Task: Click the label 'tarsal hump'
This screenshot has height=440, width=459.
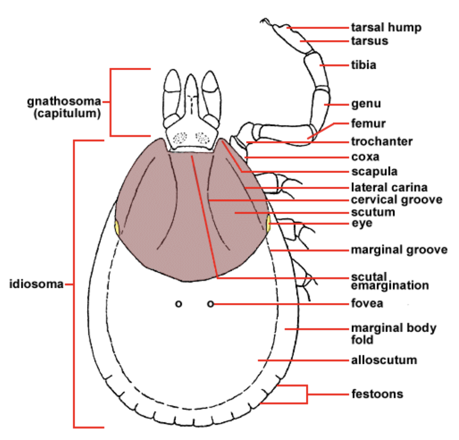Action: [x=386, y=28]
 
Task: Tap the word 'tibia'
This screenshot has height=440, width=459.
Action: [x=364, y=65]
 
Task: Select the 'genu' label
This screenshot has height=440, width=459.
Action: [x=366, y=104]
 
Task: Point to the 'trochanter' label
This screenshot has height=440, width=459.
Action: [x=382, y=142]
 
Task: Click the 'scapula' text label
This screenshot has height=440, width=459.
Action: [x=374, y=172]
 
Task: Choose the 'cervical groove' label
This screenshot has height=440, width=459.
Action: [x=397, y=200]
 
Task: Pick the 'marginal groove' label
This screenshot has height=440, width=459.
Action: [x=399, y=250]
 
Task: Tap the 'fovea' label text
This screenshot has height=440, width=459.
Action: [x=367, y=303]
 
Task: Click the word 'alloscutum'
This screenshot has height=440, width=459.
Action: [x=384, y=360]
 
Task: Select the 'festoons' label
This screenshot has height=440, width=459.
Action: [x=377, y=394]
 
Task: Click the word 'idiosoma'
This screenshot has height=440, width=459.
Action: [x=36, y=284]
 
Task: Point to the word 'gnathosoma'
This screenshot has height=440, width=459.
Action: [x=64, y=101]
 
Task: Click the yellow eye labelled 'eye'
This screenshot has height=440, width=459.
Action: [x=268, y=224]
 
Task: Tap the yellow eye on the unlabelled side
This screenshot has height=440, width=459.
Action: [x=117, y=228]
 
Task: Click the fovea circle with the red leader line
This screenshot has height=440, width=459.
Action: [x=211, y=304]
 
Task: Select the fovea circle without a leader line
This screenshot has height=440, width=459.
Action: [x=178, y=304]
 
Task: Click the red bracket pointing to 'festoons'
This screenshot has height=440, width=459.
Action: [x=307, y=394]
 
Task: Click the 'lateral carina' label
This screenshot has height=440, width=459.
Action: [x=389, y=187]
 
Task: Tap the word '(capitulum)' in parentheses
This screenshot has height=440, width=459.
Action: [x=67, y=113]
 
